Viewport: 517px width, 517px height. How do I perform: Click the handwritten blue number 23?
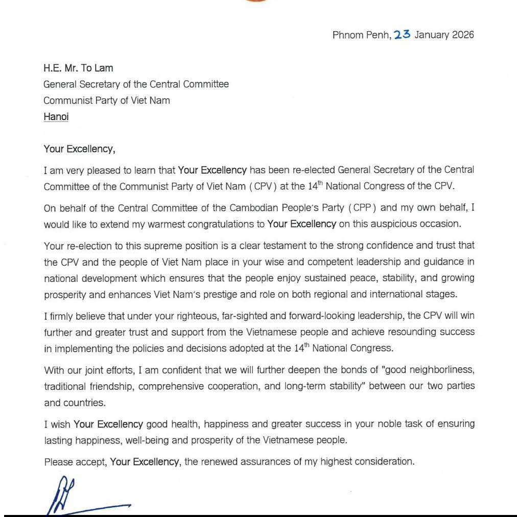(x=402, y=35)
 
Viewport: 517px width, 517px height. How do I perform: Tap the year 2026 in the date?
(x=463, y=35)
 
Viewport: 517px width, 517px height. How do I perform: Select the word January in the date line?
(x=432, y=35)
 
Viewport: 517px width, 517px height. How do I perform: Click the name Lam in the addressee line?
(x=104, y=68)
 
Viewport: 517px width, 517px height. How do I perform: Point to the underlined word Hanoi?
(x=56, y=116)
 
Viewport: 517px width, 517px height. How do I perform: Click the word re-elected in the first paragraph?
(x=314, y=170)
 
